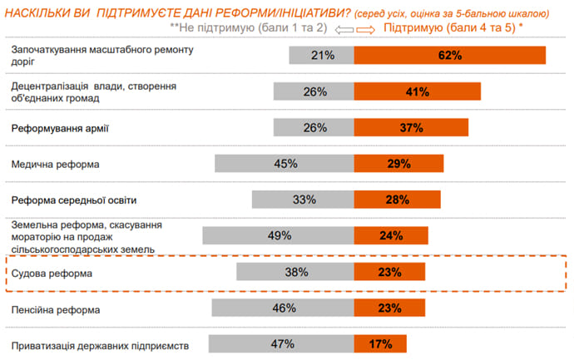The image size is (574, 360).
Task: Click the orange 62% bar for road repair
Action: pos(449,55)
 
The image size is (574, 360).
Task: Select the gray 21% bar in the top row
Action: pos(321,55)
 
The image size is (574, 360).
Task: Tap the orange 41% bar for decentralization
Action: pos(417,91)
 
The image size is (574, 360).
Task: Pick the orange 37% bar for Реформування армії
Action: pos(411,128)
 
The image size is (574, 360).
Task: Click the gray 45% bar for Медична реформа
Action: pos(285,164)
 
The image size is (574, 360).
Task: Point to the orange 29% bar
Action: pos(398,164)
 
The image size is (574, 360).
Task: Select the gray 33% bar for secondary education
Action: pos(303,200)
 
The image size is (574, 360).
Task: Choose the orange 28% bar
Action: pos(397,200)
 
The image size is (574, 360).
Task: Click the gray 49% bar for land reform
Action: pos(278,235)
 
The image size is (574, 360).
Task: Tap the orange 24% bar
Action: pos(391,235)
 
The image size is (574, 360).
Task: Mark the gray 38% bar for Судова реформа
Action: pos(295,272)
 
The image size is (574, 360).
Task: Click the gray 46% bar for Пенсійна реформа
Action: pos(283,308)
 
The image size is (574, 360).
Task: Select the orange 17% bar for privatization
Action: pos(380,344)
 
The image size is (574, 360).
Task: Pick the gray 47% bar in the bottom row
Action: pos(281,344)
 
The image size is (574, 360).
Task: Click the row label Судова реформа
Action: pos(52,273)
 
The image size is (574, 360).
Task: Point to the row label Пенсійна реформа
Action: pos(56,309)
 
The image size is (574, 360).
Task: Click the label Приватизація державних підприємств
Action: pos(101,345)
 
